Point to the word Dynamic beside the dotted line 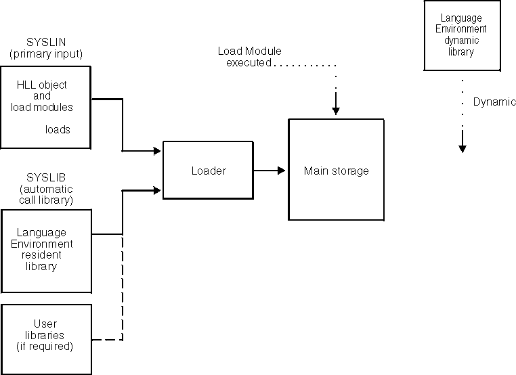click(x=494, y=102)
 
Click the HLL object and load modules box click(x=45, y=107)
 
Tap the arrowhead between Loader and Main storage click(x=280, y=171)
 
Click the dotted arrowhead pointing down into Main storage click(x=336, y=110)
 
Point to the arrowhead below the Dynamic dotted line click(x=463, y=147)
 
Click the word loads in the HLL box click(x=58, y=129)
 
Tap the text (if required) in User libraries click(x=45, y=346)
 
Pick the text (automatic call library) click(x=46, y=194)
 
